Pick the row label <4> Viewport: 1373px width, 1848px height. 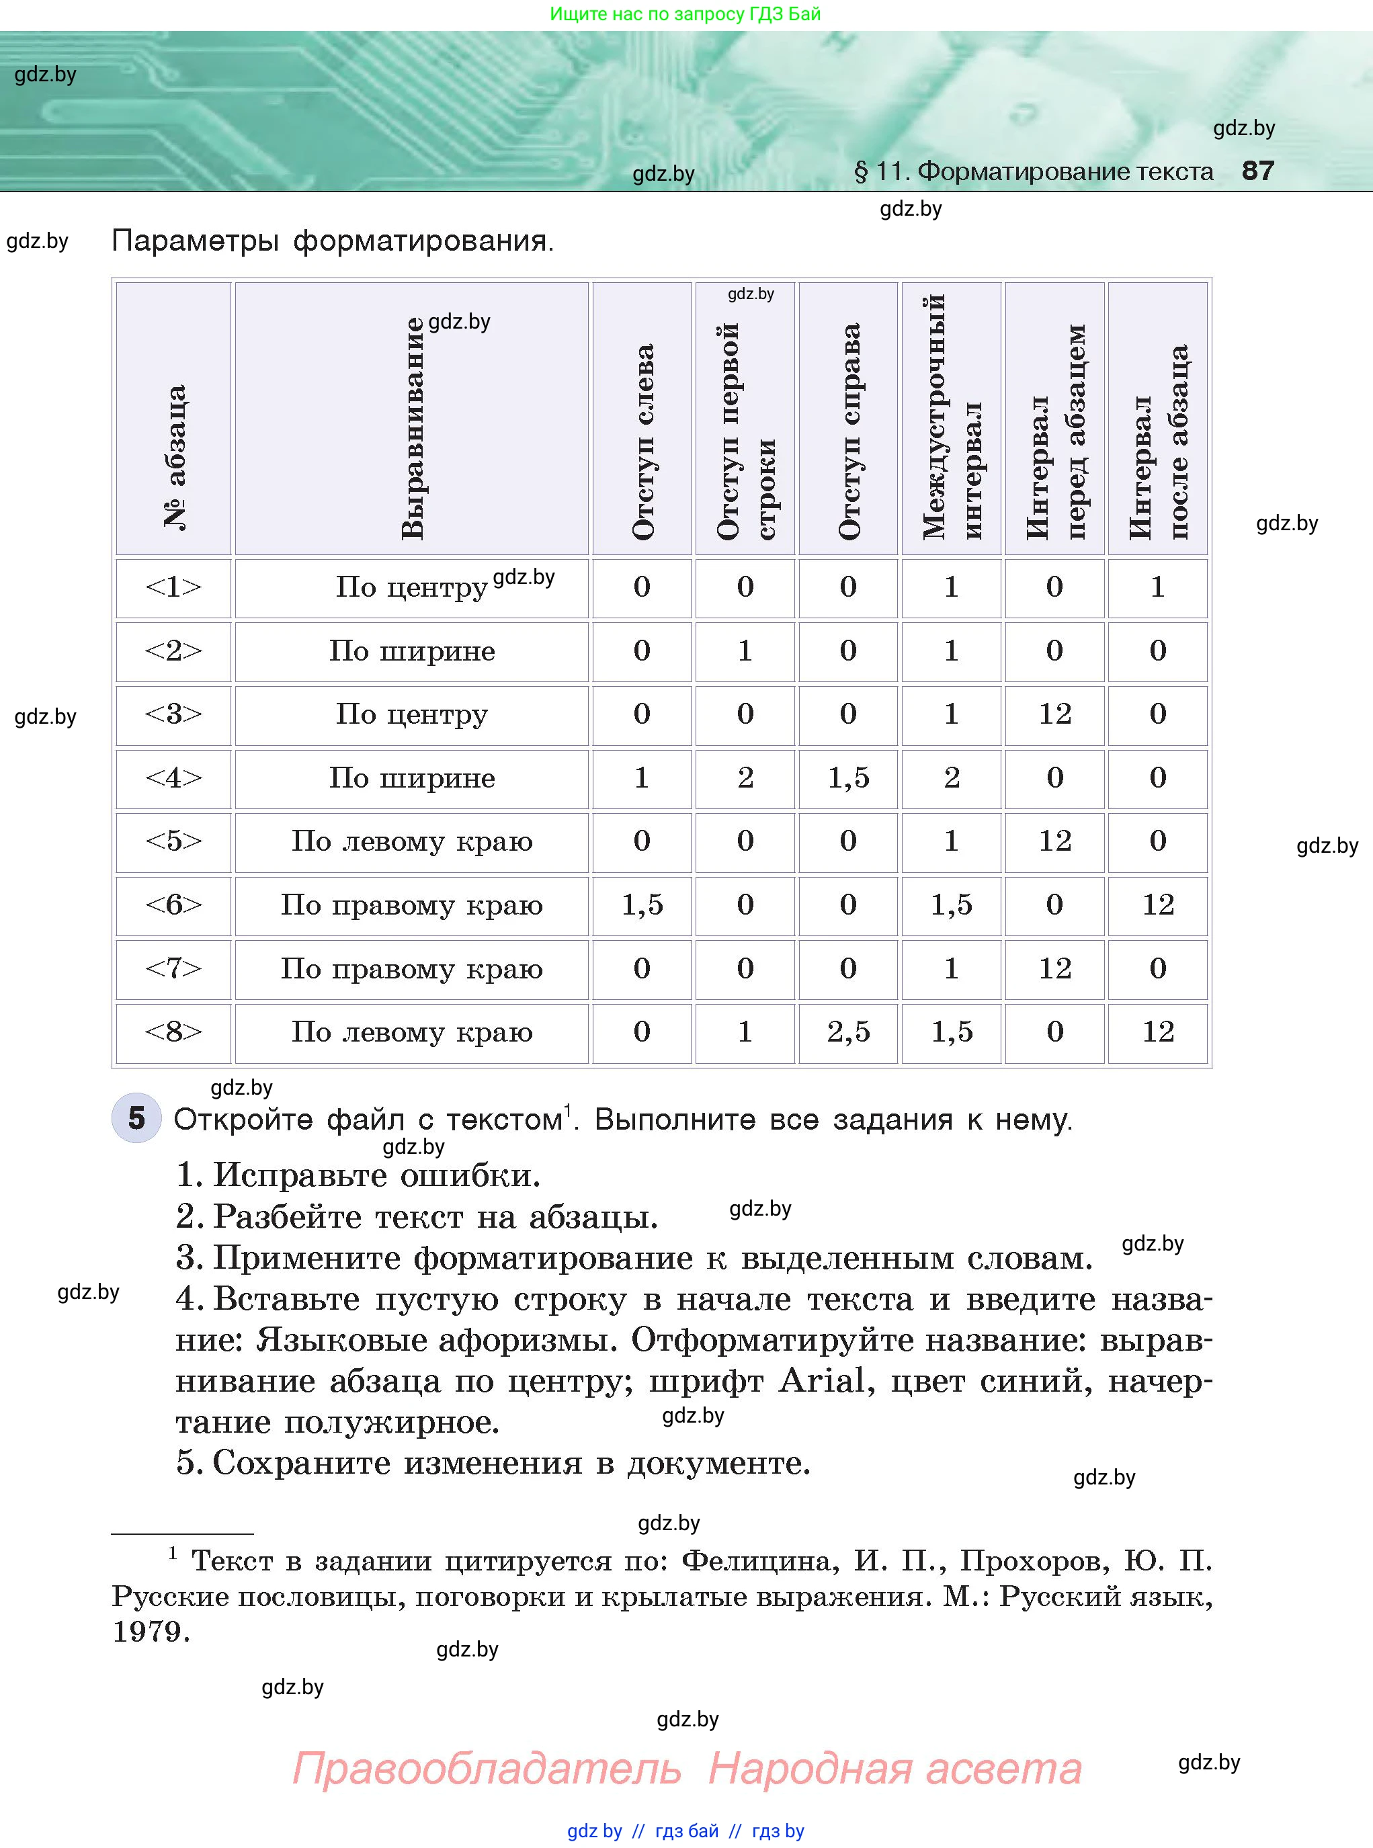[173, 778]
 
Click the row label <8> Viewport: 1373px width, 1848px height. [173, 1032]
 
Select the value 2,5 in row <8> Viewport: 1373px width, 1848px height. [849, 1032]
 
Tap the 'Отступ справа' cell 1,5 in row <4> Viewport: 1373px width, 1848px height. [849, 778]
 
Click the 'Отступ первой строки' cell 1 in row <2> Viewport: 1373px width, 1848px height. [745, 650]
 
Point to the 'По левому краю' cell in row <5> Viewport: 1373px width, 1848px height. [412, 841]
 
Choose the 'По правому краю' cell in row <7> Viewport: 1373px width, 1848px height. [412, 969]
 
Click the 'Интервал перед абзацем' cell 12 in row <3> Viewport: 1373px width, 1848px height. [1054, 714]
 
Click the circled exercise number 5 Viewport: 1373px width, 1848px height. [136, 1118]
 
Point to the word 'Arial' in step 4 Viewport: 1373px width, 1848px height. [821, 1381]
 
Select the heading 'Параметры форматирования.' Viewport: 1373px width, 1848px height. [333, 241]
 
